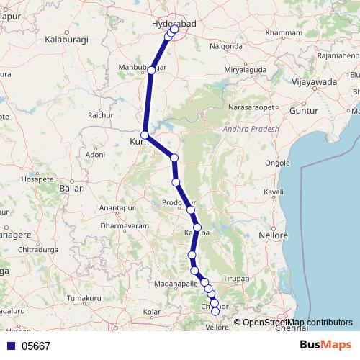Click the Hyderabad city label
point(171,24)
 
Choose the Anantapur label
point(117,207)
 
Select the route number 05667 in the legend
point(36,346)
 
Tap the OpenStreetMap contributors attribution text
point(297,322)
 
